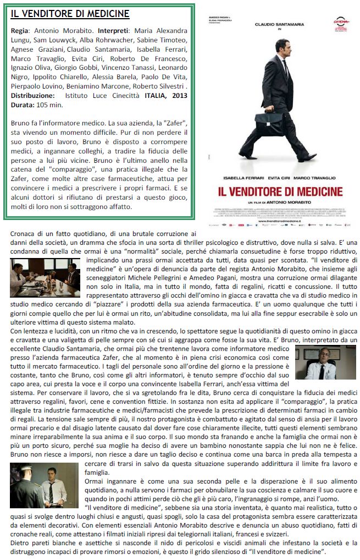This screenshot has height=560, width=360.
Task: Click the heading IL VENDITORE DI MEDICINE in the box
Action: (x=70, y=14)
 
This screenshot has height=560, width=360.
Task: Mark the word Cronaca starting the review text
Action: (x=24, y=234)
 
